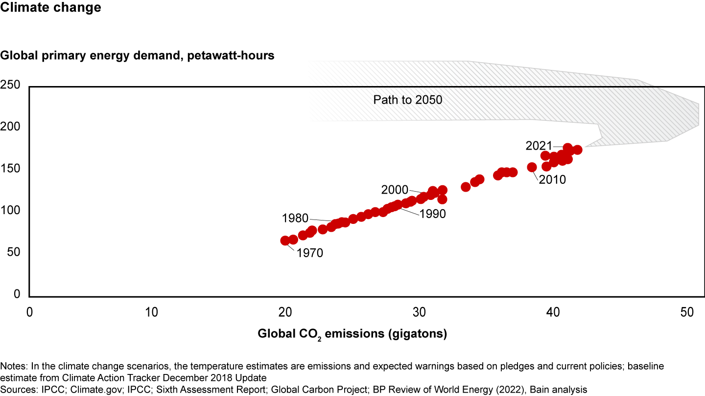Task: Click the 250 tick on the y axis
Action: [x=10, y=86]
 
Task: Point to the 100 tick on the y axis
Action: [x=10, y=211]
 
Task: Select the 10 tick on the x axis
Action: [x=152, y=311]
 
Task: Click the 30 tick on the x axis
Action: [x=418, y=311]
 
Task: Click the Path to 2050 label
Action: [x=408, y=100]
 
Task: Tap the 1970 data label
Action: [x=310, y=253]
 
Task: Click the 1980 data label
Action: [x=295, y=218]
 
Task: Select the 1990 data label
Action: [x=432, y=214]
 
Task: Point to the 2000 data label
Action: [x=395, y=190]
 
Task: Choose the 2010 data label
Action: [x=552, y=180]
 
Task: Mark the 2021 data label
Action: [x=539, y=146]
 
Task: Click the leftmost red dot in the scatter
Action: [x=285, y=241]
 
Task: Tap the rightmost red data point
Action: [x=577, y=150]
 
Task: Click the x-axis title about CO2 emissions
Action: [x=352, y=334]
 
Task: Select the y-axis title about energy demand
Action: [x=137, y=56]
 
